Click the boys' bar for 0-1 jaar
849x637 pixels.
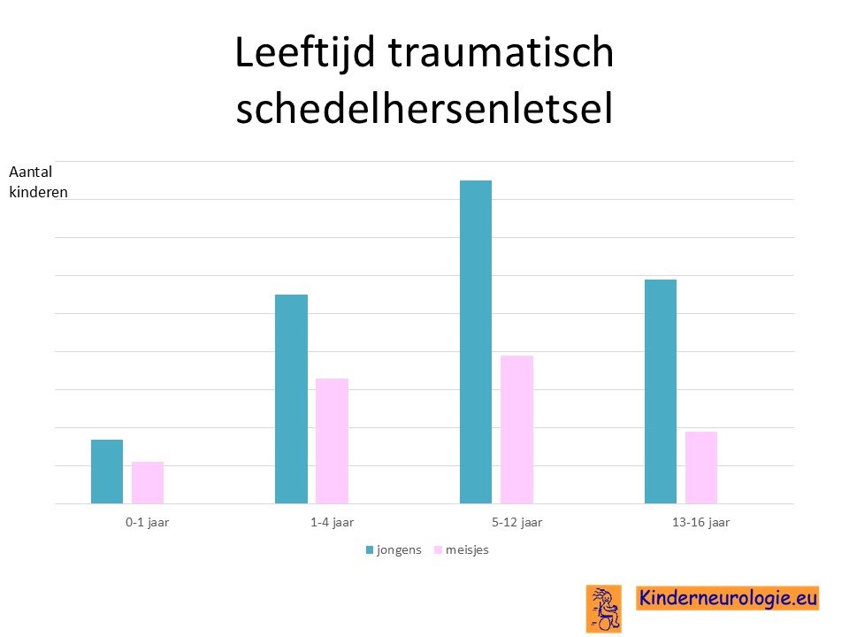[107, 472]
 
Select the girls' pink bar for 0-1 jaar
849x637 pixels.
[148, 483]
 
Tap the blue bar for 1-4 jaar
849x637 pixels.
[291, 399]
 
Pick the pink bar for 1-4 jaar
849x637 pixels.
[332, 441]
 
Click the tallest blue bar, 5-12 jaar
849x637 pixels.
[476, 342]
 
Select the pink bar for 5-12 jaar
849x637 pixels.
[516, 430]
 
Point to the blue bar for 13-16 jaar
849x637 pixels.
[661, 392]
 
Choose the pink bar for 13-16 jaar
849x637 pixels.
[701, 467]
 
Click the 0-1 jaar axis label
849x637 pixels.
[148, 523]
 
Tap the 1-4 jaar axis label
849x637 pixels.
[332, 523]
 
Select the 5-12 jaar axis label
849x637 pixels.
[516, 523]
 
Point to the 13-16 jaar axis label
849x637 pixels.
[701, 523]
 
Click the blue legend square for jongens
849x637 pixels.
[370, 550]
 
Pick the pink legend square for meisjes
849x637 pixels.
[439, 550]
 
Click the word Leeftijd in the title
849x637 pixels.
[305, 53]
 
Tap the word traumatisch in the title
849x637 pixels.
[501, 52]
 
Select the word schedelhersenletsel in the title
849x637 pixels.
[424, 108]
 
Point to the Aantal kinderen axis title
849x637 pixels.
[38, 182]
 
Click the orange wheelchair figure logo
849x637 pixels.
[604, 609]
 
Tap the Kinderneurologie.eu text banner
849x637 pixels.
[728, 598]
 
